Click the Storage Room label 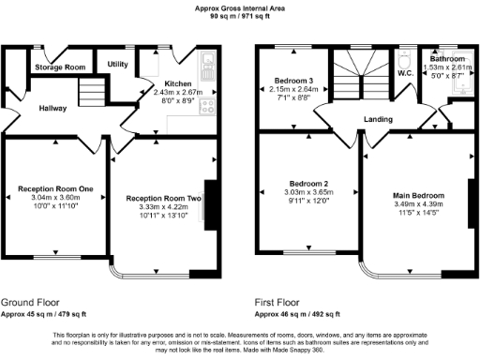pyautogui.click(x=60, y=67)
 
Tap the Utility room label pyautogui.click(x=118, y=64)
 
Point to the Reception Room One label pyautogui.click(x=56, y=189)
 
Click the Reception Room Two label pyautogui.click(x=164, y=198)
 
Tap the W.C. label pyautogui.click(x=405, y=73)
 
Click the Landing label pyautogui.click(x=379, y=119)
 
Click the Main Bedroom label pyautogui.click(x=418, y=195)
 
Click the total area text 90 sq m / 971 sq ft pyautogui.click(x=239, y=16)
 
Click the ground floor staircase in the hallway pyautogui.click(x=90, y=92)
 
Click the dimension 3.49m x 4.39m pyautogui.click(x=418, y=204)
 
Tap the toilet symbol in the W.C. pyautogui.click(x=405, y=57)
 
